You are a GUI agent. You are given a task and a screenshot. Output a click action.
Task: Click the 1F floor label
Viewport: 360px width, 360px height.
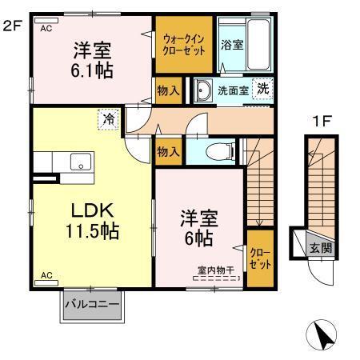[x=321, y=123]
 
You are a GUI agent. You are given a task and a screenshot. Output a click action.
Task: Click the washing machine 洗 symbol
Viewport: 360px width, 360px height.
[x=262, y=89]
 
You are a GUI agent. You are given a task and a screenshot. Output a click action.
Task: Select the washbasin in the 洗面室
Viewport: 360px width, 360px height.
[x=203, y=90]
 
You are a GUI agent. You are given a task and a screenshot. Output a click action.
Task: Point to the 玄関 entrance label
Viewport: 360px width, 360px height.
[x=321, y=248]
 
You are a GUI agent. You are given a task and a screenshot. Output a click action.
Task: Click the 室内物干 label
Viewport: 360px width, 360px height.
[x=216, y=270]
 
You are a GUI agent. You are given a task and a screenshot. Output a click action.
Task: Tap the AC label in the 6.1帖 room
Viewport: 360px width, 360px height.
[x=46, y=26]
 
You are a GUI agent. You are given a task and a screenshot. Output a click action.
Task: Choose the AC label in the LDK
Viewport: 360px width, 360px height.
[x=46, y=275]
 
